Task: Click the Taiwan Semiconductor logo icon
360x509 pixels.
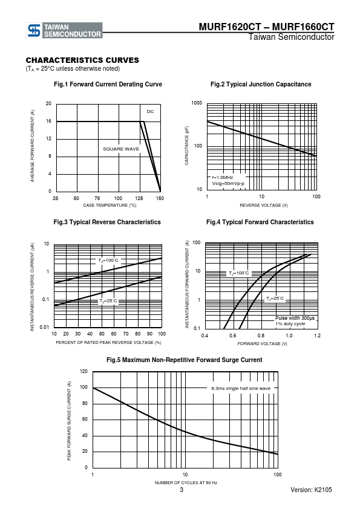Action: point(34,30)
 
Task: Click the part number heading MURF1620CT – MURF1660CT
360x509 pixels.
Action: point(266,27)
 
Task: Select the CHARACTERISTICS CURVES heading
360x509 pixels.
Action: point(82,60)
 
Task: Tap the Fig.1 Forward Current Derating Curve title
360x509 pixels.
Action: point(108,85)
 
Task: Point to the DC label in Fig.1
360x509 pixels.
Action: point(150,112)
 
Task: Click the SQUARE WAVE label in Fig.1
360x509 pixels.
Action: point(121,149)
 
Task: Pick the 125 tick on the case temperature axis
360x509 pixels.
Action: point(139,198)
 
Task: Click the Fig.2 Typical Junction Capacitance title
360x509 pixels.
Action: point(261,85)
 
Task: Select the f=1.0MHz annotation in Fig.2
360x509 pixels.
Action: point(223,178)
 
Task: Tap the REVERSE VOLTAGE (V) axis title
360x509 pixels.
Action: point(264,205)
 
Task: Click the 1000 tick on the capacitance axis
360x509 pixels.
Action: point(197,103)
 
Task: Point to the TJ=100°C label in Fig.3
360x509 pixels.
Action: point(108,261)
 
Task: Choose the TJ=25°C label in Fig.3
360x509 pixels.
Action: point(108,301)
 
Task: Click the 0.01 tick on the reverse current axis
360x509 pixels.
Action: point(45,327)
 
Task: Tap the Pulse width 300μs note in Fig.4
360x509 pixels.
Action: point(295,318)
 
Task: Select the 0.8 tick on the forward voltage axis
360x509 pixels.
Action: point(261,336)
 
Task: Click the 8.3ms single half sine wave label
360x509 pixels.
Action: point(241,388)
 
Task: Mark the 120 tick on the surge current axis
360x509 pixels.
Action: point(83,371)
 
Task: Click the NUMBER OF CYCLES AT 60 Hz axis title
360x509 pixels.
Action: point(186,483)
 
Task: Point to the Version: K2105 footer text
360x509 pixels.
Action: point(311,490)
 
